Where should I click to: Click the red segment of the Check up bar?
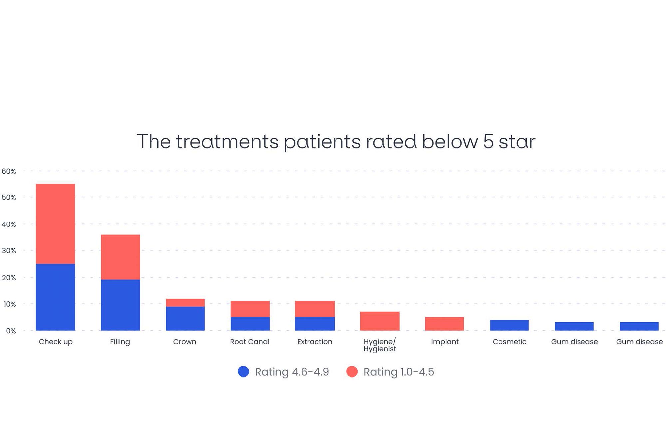coord(55,224)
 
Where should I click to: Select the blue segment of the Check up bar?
coord(55,297)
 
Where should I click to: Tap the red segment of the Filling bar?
coord(120,257)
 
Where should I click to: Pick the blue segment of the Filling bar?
coord(120,305)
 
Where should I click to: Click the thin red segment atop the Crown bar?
coord(185,303)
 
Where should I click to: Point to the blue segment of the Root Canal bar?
coord(250,324)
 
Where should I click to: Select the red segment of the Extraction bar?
coord(315,309)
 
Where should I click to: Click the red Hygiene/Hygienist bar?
coord(380,321)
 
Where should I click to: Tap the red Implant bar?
coord(444,324)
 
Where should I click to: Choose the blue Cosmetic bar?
coord(509,325)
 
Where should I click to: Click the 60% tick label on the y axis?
coord(9,171)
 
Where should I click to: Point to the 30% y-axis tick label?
coord(9,251)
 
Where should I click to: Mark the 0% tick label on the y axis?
coord(11,331)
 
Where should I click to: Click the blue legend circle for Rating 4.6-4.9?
coord(244,372)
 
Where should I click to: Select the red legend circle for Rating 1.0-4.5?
coord(352,372)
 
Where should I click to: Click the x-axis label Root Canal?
coord(250,342)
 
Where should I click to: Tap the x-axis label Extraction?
coord(315,342)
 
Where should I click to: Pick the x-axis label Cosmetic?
coord(509,342)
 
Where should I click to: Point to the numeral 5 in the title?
coord(488,141)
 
